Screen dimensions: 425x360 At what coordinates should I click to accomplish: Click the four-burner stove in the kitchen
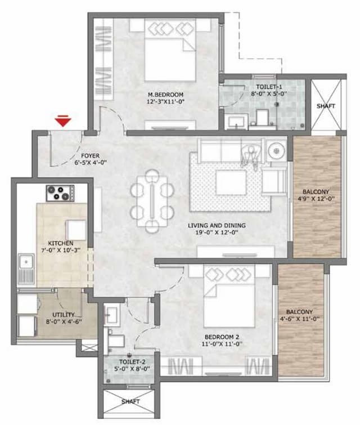pos(59,193)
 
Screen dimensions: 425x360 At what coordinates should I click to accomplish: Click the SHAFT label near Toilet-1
pos(326,106)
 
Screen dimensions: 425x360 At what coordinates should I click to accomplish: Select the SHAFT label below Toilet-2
pos(131,402)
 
